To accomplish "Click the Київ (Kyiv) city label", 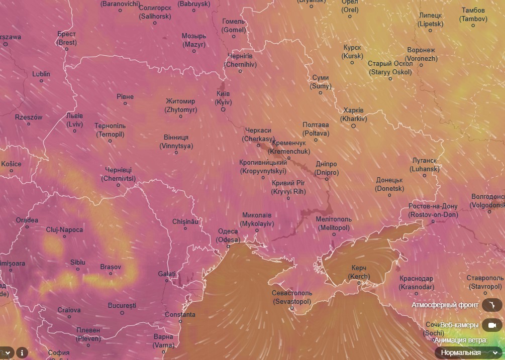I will tap(223, 98).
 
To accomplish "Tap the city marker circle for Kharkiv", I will tap(353, 126).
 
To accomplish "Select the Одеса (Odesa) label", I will tap(228, 235).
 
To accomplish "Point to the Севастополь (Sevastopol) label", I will tap(291, 297).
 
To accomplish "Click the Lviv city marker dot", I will tap(75, 131).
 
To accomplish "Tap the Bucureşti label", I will tap(122, 305).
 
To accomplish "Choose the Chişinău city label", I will tap(186, 221).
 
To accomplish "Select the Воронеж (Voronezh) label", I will tap(421, 54).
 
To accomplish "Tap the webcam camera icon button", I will tap(492, 325).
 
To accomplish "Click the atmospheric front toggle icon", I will tap(492, 305).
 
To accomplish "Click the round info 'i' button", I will tap(22, 352).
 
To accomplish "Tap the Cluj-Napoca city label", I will tap(64, 230).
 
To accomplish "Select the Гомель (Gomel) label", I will tap(234, 26).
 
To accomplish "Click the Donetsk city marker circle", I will tap(389, 195).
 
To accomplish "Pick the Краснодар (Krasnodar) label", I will tap(417, 282).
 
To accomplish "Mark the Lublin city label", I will tap(41, 74).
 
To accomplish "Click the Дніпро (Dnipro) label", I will tap(327, 168).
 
